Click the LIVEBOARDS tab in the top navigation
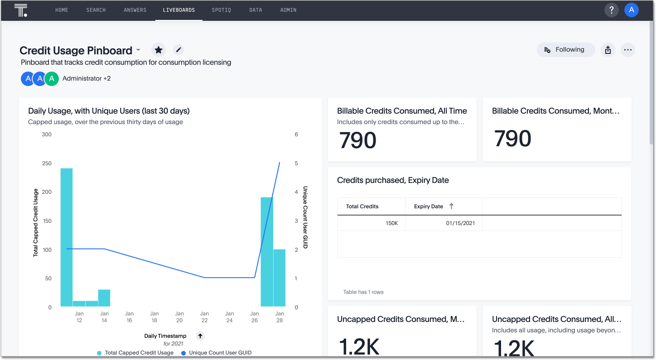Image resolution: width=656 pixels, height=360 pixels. coord(178,10)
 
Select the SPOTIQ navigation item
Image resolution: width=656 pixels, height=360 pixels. coord(221,10)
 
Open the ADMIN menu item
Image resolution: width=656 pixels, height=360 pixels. coord(288,10)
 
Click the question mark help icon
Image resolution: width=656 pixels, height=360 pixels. coord(611,10)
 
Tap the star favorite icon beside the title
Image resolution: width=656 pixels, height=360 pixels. coord(158,50)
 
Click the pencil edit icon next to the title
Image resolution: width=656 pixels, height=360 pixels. coord(178,50)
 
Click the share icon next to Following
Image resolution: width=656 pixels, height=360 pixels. coord(608,50)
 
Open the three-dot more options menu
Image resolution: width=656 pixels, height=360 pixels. coord(627,50)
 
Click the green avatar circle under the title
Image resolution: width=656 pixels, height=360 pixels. coord(52,78)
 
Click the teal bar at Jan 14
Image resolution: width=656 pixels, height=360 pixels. coord(104,298)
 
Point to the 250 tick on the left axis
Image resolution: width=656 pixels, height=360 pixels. coord(46,163)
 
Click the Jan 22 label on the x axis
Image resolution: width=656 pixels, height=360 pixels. coord(204,317)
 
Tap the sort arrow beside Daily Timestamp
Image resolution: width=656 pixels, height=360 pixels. coord(200,336)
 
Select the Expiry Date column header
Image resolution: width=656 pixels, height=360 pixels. coord(429,206)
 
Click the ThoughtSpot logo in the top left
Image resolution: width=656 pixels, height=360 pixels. coord(21,10)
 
